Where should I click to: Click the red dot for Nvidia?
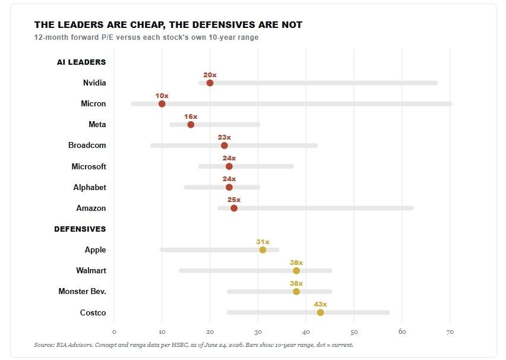[210, 83]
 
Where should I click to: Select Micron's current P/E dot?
[162, 103]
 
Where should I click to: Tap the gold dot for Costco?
[321, 312]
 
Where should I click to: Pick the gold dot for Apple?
[263, 250]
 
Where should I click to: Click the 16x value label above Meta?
[191, 116]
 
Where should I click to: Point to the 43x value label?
[321, 305]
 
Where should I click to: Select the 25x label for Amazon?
[234, 200]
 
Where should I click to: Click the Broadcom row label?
[87, 146]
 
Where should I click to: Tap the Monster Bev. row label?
[83, 292]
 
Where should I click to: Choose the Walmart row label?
[91, 270]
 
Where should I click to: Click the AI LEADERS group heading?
[81, 62]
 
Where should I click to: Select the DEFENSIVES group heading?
[80, 229]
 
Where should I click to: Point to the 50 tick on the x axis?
[354, 332]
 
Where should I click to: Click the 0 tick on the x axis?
[114, 332]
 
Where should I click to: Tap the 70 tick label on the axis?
[450, 332]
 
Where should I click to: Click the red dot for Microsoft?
[229, 166]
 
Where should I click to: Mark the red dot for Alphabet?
[229, 187]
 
